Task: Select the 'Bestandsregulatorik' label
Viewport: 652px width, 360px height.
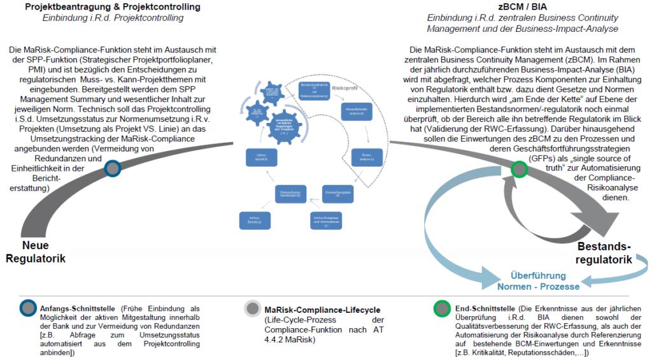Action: [x=604, y=253]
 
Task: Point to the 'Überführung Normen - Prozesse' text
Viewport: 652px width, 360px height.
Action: [x=538, y=281]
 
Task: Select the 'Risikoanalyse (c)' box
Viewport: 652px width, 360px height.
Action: [x=365, y=157]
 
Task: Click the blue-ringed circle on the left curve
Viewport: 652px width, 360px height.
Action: [x=113, y=168]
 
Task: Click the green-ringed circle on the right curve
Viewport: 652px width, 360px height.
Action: [x=520, y=169]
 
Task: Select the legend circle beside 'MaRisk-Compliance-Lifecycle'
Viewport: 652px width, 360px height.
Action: [x=253, y=309]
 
